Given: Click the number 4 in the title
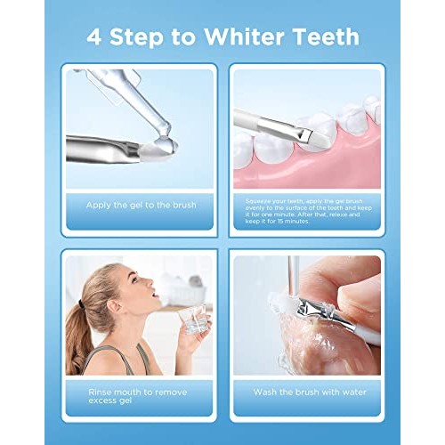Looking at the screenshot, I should pyautogui.click(x=96, y=36).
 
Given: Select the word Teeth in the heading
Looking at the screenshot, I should pyautogui.click(x=327, y=36).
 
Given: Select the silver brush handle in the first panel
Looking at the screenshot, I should pyautogui.click(x=98, y=149).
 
